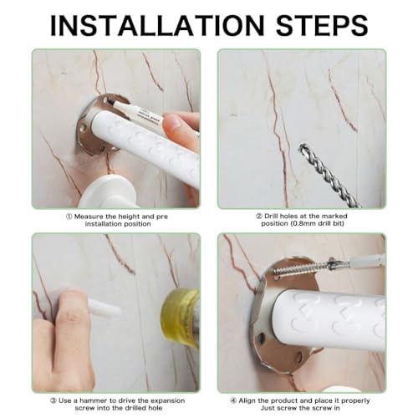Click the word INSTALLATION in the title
click(157, 25)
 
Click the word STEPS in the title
click(322, 25)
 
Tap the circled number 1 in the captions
click(69, 217)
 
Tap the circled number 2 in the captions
click(259, 216)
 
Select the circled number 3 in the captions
click(54, 400)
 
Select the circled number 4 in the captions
click(233, 400)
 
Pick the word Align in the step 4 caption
click(247, 401)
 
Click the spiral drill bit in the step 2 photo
click(328, 175)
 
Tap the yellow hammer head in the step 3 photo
click(181, 318)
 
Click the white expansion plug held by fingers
click(104, 308)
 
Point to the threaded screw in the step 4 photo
click(303, 268)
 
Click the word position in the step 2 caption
click(274, 223)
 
